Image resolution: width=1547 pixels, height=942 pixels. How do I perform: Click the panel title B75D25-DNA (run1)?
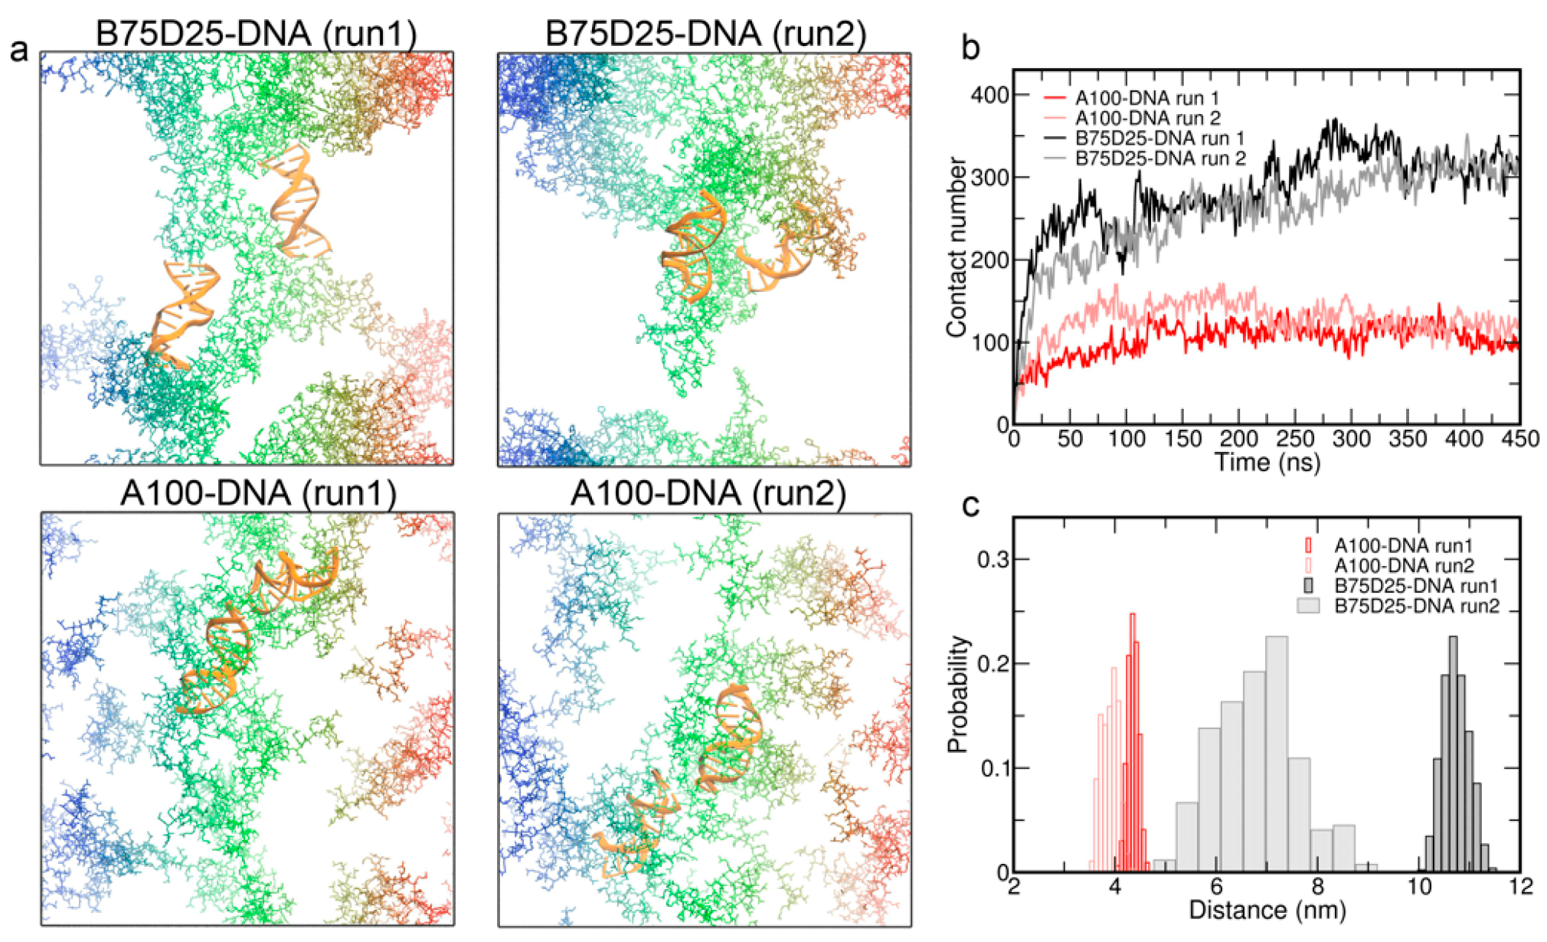point(257,34)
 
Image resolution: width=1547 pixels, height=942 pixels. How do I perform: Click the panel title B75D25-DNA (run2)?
point(705,34)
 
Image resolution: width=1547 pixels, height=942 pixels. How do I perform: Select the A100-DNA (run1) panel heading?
point(258,493)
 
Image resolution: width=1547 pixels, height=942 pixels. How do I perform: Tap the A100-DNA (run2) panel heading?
point(708,493)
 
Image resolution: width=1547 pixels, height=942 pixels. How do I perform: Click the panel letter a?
point(19,51)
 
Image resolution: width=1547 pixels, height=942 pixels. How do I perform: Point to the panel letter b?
point(971,47)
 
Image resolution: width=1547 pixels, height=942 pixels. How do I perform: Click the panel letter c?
point(970,505)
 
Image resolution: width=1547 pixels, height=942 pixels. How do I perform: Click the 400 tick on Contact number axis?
point(990,95)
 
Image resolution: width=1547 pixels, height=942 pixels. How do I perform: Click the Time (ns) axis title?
point(1267,463)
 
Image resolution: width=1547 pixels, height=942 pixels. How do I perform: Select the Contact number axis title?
point(956,247)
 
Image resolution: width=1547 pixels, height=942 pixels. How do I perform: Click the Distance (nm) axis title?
point(1267,911)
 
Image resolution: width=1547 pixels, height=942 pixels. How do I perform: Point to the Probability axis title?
point(957,694)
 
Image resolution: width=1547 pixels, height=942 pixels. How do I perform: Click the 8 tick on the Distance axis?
point(1317,887)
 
